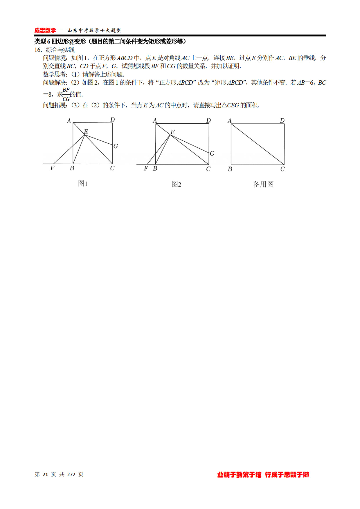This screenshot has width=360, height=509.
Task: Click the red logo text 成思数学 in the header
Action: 45,30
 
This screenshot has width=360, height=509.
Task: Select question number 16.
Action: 38,50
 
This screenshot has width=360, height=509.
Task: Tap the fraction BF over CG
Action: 66,94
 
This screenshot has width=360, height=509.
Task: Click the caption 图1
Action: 83,183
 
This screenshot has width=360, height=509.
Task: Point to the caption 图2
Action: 176,184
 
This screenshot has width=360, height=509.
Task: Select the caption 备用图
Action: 263,184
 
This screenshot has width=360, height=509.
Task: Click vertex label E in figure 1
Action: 86,132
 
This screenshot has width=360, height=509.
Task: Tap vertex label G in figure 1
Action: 116,146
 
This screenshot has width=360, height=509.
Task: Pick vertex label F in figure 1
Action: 52,168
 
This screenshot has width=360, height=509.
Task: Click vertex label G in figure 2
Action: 212,154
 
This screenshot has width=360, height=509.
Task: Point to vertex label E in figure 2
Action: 172,132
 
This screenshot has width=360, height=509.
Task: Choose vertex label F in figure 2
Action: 146,168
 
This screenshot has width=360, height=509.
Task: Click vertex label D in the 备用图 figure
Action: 282,120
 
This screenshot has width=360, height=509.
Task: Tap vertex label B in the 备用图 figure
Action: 230,169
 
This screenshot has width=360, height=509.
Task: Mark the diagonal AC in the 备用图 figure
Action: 258,144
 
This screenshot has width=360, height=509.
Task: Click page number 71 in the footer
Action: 45,474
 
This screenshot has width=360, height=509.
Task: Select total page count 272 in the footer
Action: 71,474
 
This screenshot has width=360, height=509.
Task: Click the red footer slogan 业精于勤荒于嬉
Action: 239,475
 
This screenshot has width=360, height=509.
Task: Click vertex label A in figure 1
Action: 69,121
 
